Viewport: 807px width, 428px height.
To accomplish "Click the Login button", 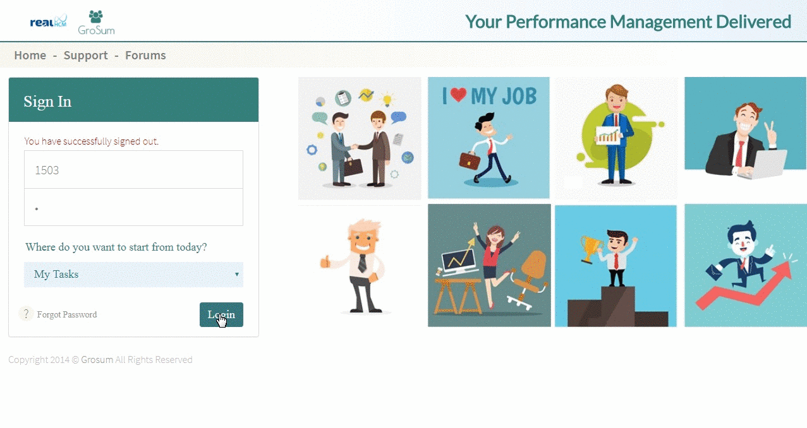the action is pyautogui.click(x=221, y=314).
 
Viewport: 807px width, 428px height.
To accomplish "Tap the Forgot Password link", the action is pyautogui.click(x=67, y=314).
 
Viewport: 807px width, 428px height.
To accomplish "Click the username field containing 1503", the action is pyautogui.click(x=134, y=170).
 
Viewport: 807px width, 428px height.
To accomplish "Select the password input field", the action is pyautogui.click(x=134, y=207).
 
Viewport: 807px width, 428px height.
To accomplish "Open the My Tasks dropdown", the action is pyautogui.click(x=134, y=275).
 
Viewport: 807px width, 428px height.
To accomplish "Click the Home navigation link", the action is pyautogui.click(x=30, y=56).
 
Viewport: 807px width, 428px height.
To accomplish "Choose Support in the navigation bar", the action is pyautogui.click(x=86, y=56).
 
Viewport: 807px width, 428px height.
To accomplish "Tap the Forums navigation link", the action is pyautogui.click(x=145, y=56).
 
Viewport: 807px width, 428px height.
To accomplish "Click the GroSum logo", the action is pyautogui.click(x=96, y=23).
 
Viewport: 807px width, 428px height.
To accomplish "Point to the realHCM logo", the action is pyautogui.click(x=48, y=21).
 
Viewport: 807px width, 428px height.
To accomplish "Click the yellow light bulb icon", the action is pyautogui.click(x=387, y=99).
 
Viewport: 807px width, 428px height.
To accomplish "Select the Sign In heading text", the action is pyautogui.click(x=47, y=102).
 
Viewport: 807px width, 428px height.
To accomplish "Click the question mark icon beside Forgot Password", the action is pyautogui.click(x=26, y=314).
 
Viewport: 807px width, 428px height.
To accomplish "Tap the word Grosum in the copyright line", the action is pyautogui.click(x=97, y=360).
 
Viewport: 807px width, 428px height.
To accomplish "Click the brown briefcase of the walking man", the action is pyautogui.click(x=470, y=160).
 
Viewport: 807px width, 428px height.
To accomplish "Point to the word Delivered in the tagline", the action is pyautogui.click(x=753, y=21).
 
